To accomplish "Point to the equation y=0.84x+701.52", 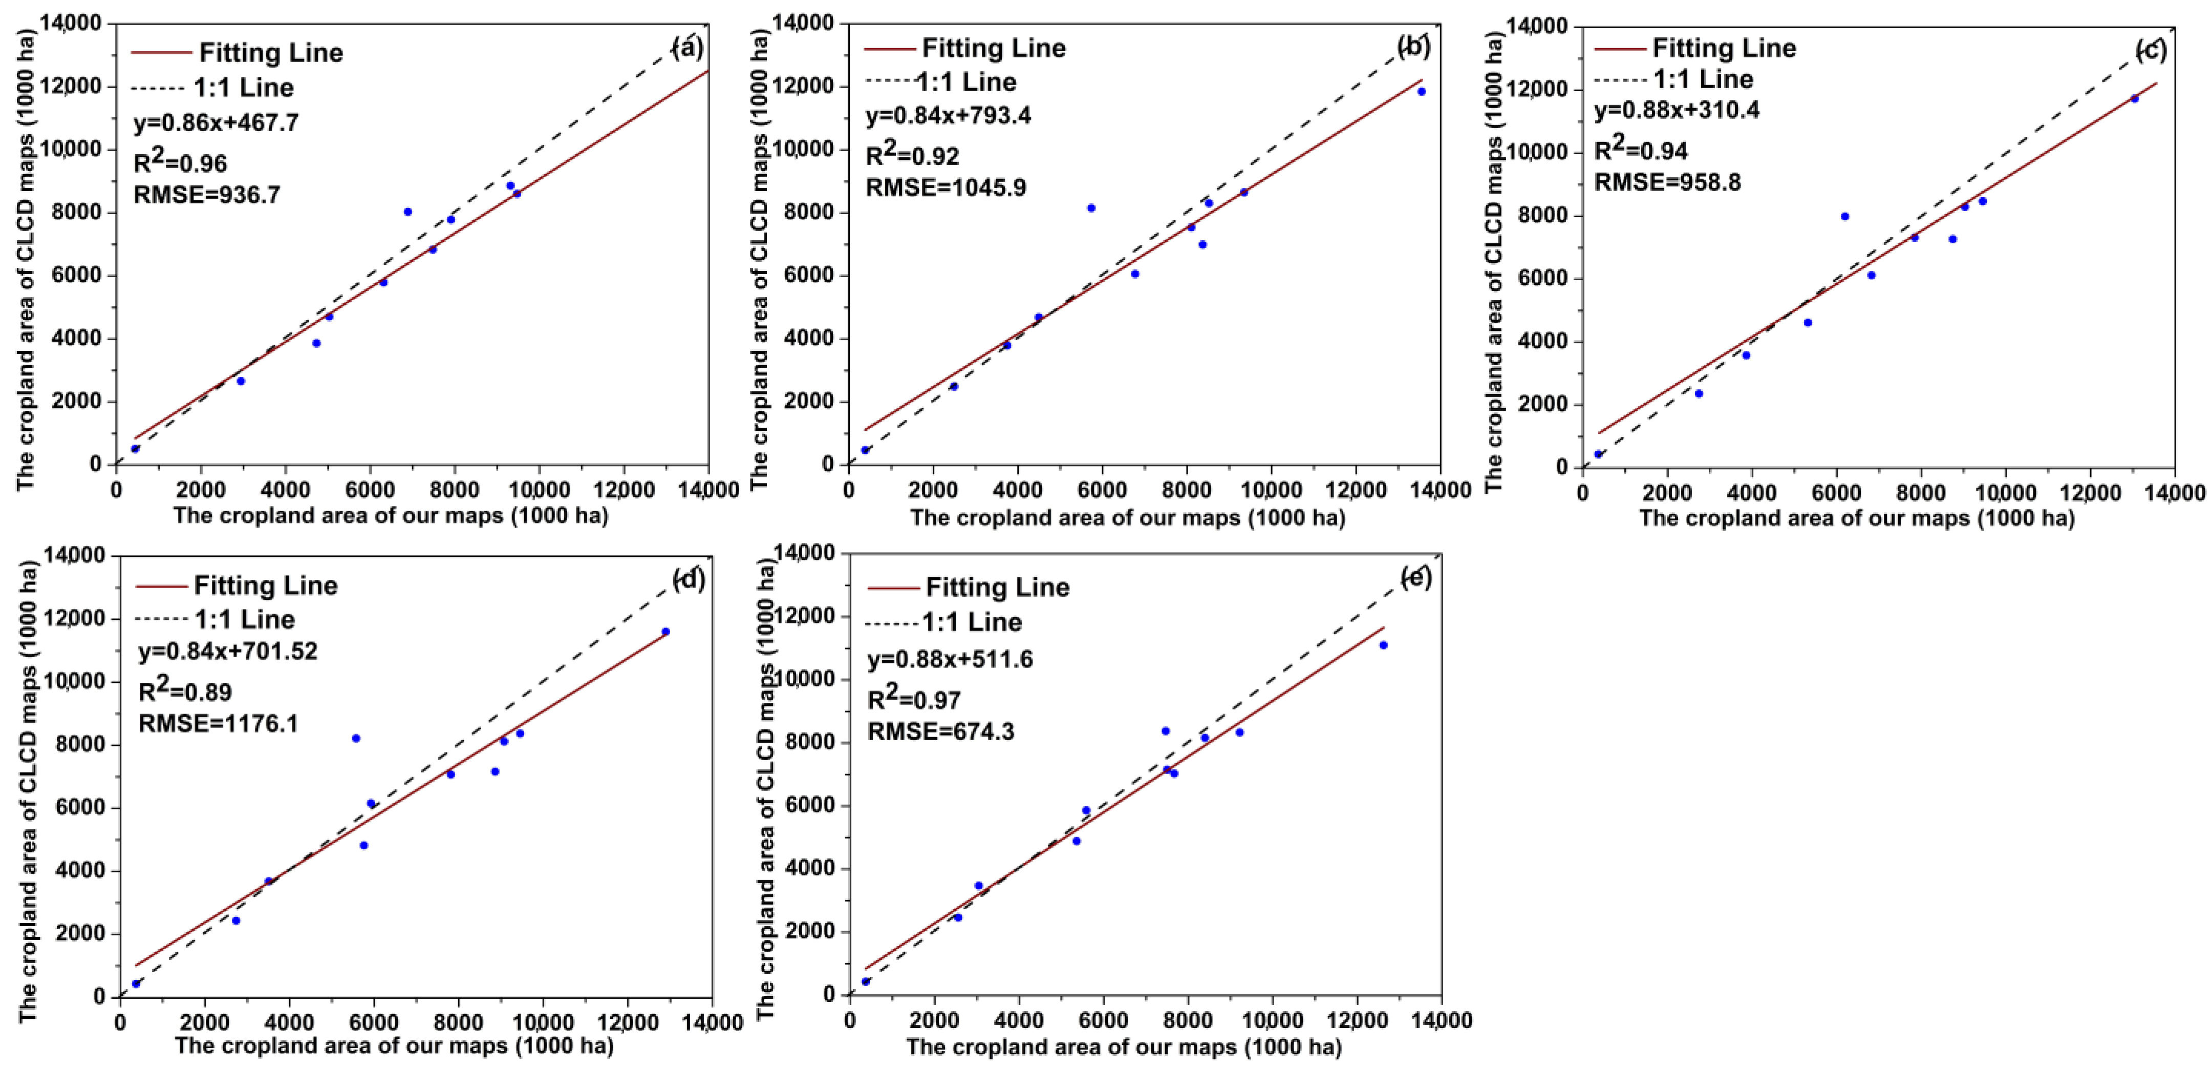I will [x=228, y=651].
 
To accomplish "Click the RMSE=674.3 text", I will [x=940, y=732].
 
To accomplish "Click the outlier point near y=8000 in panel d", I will [x=355, y=738].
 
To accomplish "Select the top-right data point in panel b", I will [x=1421, y=91].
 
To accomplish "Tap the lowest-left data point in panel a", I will [x=135, y=448].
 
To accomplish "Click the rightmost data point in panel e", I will [x=1383, y=645].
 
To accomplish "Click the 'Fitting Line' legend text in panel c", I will [x=1724, y=48].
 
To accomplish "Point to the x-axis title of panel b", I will [x=1127, y=518].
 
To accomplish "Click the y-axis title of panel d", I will [x=28, y=790].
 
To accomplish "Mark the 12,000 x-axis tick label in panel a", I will [x=624, y=490].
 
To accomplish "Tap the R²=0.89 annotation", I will [x=185, y=690].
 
